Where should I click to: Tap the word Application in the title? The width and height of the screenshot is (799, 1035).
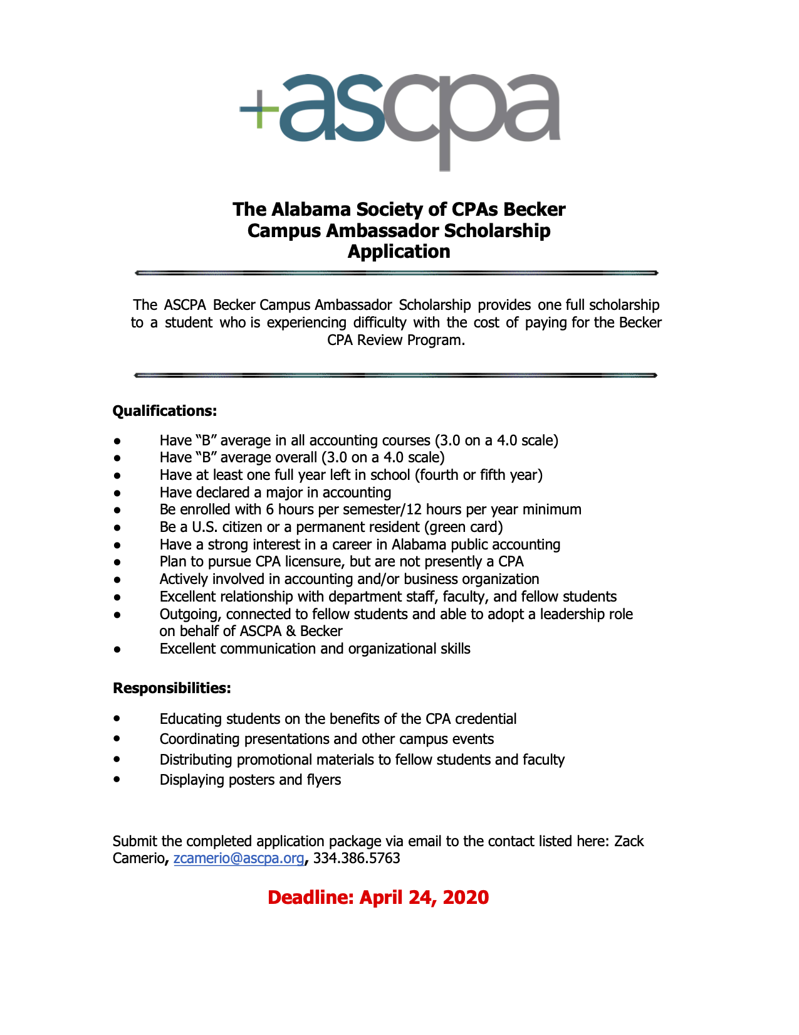[x=399, y=252]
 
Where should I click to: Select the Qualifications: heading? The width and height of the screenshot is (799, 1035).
[x=164, y=411]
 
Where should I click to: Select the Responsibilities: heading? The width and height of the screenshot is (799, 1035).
[x=172, y=688]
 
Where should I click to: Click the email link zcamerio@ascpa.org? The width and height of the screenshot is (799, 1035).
[x=238, y=858]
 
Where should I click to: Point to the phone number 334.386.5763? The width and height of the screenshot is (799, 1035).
[x=357, y=858]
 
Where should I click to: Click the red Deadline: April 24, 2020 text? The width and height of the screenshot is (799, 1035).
[x=378, y=897]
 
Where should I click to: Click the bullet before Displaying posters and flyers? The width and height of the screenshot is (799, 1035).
[x=117, y=779]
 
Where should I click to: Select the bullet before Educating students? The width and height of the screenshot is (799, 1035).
[x=117, y=718]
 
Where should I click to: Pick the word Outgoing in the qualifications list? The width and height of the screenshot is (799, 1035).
[x=189, y=614]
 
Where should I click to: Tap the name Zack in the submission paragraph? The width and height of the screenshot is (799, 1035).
[x=629, y=841]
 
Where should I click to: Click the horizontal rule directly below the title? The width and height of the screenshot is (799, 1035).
[x=396, y=273]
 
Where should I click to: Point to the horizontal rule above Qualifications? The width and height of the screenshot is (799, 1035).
[x=396, y=375]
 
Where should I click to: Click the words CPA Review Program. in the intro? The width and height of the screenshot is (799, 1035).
[x=395, y=340]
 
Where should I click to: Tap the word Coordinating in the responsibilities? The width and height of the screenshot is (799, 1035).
[x=199, y=739]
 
